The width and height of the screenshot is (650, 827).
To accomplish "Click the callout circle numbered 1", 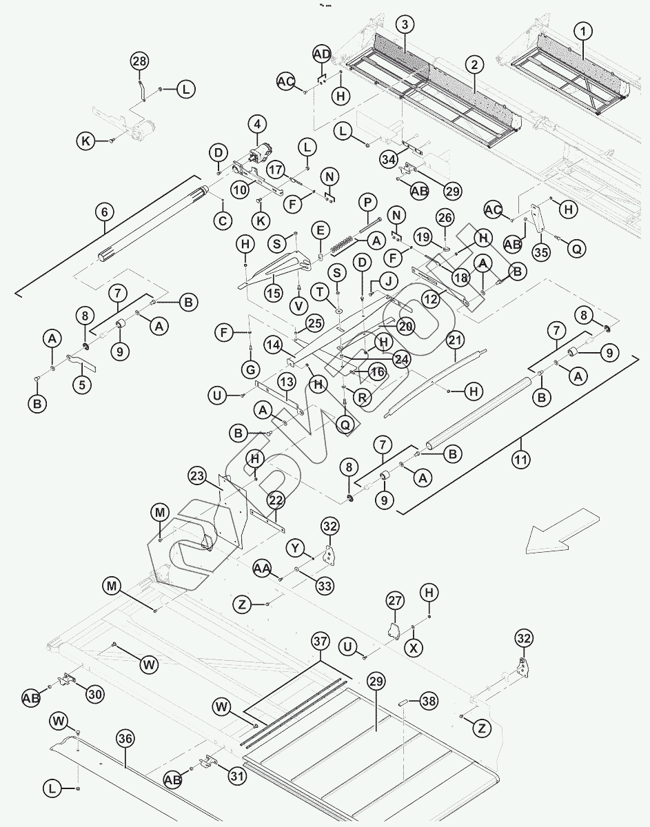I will point(583,30).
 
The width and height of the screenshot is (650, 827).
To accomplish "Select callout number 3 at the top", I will point(405,25).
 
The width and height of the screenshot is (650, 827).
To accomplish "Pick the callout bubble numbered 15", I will point(274,292).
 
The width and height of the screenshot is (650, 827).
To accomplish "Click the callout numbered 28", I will point(139,61).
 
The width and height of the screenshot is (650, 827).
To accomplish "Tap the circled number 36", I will point(125,737).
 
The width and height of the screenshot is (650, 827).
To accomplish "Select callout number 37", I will point(320,642).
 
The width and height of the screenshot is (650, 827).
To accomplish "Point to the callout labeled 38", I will point(429,702).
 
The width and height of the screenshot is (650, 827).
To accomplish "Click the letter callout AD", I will point(322,54).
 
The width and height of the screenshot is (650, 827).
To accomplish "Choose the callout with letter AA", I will point(262,568).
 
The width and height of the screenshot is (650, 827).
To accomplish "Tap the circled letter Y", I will point(296,548).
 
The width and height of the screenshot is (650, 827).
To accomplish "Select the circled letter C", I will point(222,221).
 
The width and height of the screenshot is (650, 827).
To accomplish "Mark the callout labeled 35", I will point(541,252).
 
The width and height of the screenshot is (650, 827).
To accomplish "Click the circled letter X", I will point(414,648).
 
